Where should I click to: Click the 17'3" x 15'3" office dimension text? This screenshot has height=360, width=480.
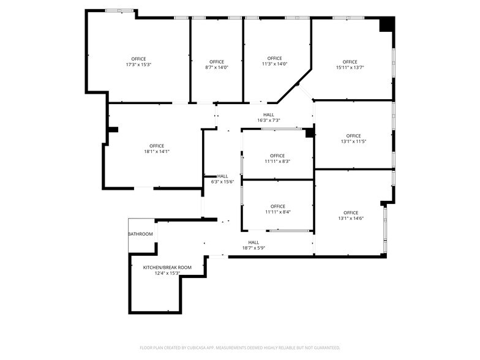(x=138, y=64)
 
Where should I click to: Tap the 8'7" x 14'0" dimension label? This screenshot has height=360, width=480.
(x=216, y=67)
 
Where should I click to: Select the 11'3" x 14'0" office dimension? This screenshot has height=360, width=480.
(x=274, y=64)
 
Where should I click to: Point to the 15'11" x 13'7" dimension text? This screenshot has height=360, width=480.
(x=350, y=67)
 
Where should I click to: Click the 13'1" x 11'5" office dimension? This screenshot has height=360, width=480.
(x=353, y=141)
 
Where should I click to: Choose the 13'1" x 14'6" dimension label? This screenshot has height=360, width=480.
(x=351, y=218)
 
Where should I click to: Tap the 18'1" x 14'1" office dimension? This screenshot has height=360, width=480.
(x=156, y=151)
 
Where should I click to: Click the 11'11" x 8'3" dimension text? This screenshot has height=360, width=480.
(x=277, y=161)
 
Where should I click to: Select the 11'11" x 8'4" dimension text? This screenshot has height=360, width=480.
(x=277, y=212)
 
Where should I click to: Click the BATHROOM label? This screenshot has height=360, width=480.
(x=140, y=234)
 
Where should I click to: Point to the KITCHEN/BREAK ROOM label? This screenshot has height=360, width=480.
(x=167, y=268)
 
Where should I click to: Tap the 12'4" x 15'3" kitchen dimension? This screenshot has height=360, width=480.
(x=167, y=273)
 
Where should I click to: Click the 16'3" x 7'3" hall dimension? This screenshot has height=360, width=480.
(x=268, y=120)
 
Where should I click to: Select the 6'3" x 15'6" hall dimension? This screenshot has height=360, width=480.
(x=222, y=181)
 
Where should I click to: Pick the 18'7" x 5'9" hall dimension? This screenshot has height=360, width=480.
(x=253, y=247)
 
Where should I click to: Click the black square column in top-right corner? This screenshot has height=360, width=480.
(x=386, y=24)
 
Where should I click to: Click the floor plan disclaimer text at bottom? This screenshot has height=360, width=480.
(x=240, y=348)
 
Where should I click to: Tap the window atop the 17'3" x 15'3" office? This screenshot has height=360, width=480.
(x=119, y=10)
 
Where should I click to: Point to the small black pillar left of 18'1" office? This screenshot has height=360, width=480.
(x=113, y=129)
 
